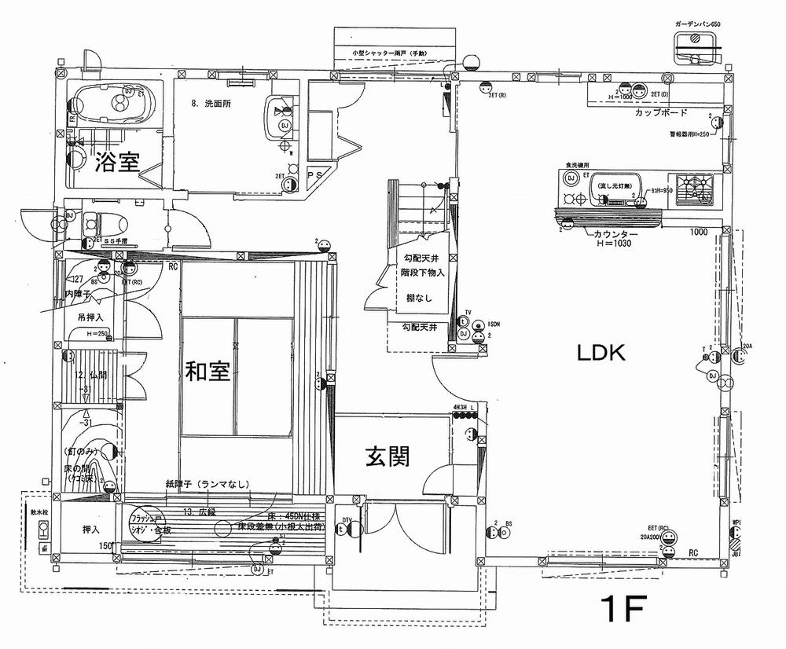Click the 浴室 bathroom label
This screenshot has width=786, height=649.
coord(118,163)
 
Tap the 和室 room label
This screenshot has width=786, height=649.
coord(208,372)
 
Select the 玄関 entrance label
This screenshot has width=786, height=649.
coord(387,456)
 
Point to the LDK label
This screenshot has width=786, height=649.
coord(601,354)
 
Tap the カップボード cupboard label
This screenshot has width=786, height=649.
coord(663,113)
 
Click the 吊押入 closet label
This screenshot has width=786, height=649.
coord(91,318)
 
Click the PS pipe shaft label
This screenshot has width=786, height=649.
coord(315,174)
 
